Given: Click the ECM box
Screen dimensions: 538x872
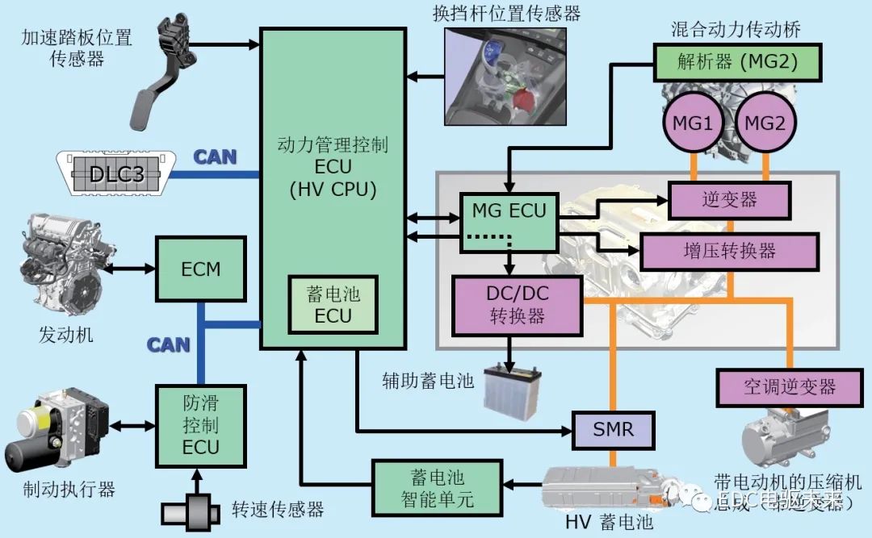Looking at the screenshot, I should coord(201,268).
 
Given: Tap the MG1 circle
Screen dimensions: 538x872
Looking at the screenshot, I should coord(693,124).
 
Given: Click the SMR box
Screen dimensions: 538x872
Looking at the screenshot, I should coord(613,430).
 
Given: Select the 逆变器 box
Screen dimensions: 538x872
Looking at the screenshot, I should coord(730,199).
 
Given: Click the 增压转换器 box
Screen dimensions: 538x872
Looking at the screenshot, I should coord(729,251).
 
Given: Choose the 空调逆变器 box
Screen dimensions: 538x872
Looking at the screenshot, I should coord(789,388).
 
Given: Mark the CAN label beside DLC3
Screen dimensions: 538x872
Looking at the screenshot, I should coord(215,156).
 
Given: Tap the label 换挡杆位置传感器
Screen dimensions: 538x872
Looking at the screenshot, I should coord(507,13).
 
